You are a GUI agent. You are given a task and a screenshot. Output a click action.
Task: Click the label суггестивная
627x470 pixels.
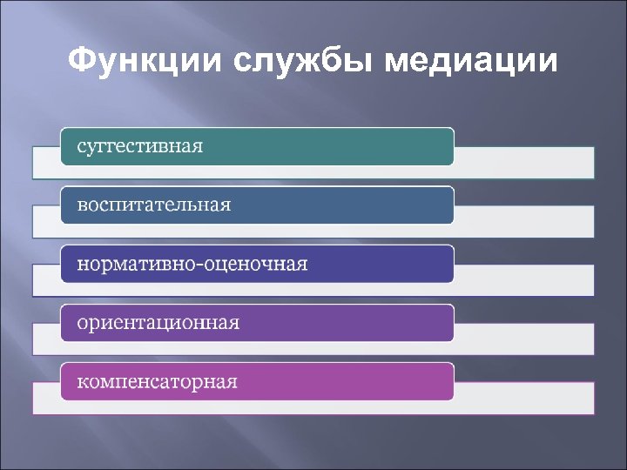(x=140, y=146)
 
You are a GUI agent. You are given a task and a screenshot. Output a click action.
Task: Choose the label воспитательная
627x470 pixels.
(x=154, y=205)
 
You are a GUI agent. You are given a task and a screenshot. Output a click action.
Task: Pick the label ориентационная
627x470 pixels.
(x=158, y=323)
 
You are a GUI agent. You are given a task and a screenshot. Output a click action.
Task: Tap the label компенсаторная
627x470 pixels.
(x=158, y=382)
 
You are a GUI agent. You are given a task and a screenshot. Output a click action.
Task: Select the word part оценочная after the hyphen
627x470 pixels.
(x=255, y=264)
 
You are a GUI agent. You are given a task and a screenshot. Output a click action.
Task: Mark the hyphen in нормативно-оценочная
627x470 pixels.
(x=198, y=265)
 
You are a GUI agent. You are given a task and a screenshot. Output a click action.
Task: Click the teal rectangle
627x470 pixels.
(x=348, y=146)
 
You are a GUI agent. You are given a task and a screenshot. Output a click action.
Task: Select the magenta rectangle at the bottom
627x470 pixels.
(x=348, y=382)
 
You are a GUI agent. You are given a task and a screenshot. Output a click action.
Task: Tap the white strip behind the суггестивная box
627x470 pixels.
(x=522, y=163)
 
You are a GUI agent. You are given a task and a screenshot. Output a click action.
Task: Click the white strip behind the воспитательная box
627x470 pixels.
(x=522, y=222)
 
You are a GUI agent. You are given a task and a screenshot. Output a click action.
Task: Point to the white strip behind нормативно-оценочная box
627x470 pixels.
(x=522, y=280)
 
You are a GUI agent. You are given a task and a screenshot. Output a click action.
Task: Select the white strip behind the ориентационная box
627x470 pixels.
(x=522, y=339)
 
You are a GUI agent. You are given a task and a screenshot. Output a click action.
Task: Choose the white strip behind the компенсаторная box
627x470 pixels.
(x=522, y=398)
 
